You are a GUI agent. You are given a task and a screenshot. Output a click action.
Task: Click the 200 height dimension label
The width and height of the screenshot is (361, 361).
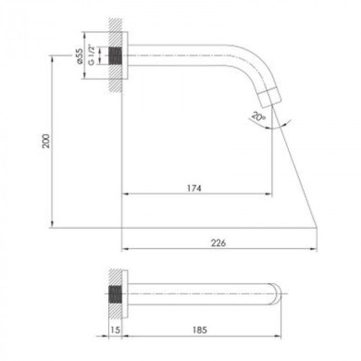(46, 141)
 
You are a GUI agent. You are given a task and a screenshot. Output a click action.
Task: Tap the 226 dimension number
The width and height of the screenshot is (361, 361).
(219, 243)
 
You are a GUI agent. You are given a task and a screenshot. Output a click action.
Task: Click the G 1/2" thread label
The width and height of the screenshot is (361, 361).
(92, 55)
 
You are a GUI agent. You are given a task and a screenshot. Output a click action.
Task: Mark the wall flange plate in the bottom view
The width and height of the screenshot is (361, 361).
(124, 294)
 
